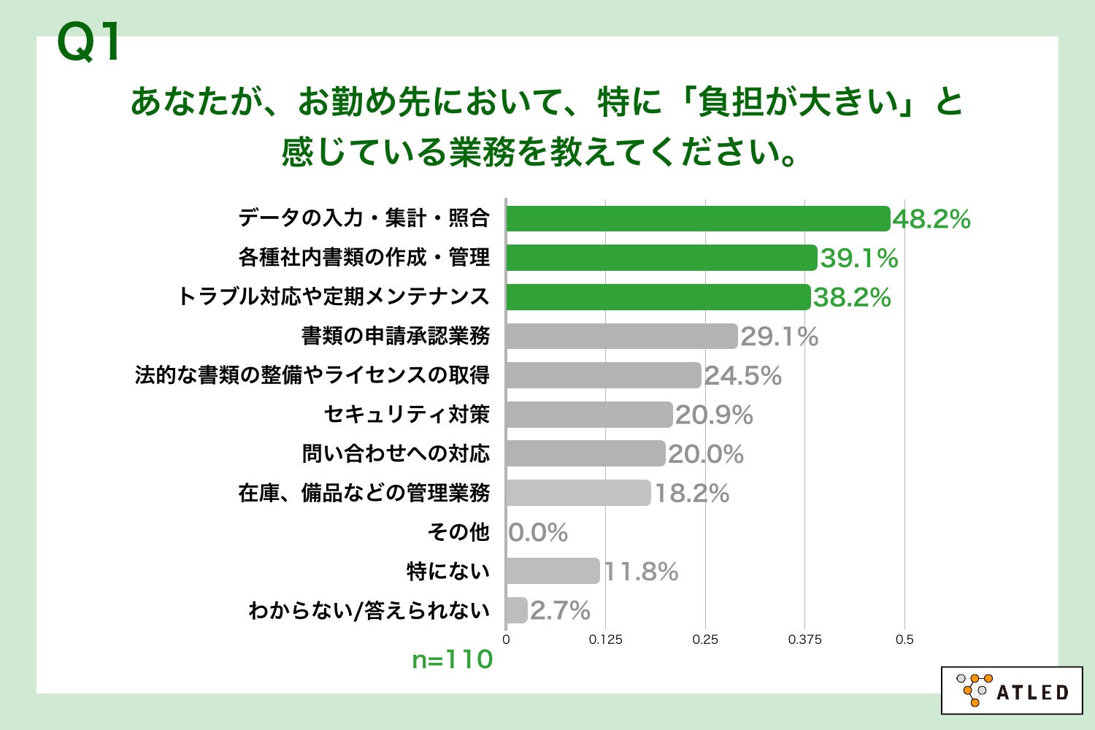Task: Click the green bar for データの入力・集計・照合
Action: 698,218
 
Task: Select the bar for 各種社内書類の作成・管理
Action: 661,258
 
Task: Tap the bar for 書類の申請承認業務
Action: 621,336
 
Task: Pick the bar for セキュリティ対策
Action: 588,415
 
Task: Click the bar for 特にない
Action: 552,571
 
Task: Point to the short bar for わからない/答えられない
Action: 516,610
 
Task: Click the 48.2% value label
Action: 931,219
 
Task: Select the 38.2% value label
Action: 852,297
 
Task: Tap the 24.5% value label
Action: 742,376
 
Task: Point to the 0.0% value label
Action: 538,532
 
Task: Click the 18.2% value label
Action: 691,493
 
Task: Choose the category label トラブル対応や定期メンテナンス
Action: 333,296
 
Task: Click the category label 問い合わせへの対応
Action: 396,453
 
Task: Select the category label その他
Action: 458,531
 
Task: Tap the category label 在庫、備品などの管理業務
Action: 364,493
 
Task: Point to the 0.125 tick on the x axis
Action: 606,639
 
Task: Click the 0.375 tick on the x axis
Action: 804,639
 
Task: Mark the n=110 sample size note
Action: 453,660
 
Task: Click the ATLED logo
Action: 1012,690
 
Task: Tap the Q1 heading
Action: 89,43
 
